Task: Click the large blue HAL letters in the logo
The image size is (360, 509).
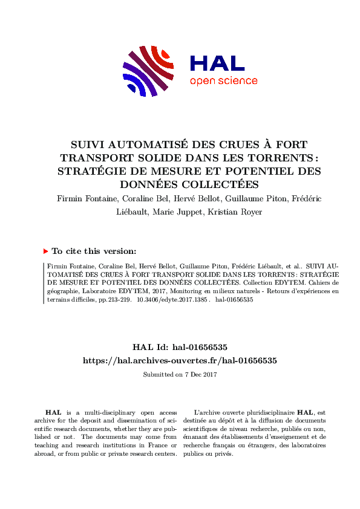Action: pyautogui.click(x=217, y=63)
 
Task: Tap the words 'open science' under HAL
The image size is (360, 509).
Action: pyautogui.click(x=223, y=81)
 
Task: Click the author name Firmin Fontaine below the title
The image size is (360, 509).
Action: pyautogui.click(x=86, y=198)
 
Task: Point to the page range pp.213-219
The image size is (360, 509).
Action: pyautogui.click(x=115, y=299)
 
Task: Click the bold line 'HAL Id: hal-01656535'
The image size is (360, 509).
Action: pyautogui.click(x=180, y=347)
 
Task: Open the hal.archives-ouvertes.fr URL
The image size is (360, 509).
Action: pyautogui.click(x=180, y=360)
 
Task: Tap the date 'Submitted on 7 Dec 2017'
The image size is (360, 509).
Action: pyautogui.click(x=180, y=374)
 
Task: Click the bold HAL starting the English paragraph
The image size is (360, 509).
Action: pyautogui.click(x=53, y=412)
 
